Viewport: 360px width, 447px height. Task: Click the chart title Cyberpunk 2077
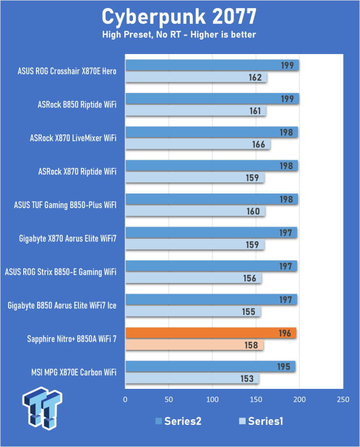coord(179,16)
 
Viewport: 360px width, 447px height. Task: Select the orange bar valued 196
coord(211,333)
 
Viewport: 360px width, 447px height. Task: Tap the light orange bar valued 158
coord(195,346)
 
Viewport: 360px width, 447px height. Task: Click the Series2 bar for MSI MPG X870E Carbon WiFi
coord(210,367)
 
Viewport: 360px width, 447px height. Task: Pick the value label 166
coord(258,145)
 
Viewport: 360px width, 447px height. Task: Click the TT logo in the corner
coord(42,408)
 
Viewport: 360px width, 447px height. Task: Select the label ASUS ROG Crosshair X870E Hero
coord(67,71)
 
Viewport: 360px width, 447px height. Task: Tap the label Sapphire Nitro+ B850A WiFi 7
coord(72,339)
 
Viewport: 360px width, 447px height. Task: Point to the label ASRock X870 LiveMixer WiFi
coord(73,138)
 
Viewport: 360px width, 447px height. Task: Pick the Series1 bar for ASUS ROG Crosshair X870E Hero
coord(196,78)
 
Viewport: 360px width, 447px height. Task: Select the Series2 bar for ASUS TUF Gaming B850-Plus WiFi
coord(211,199)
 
